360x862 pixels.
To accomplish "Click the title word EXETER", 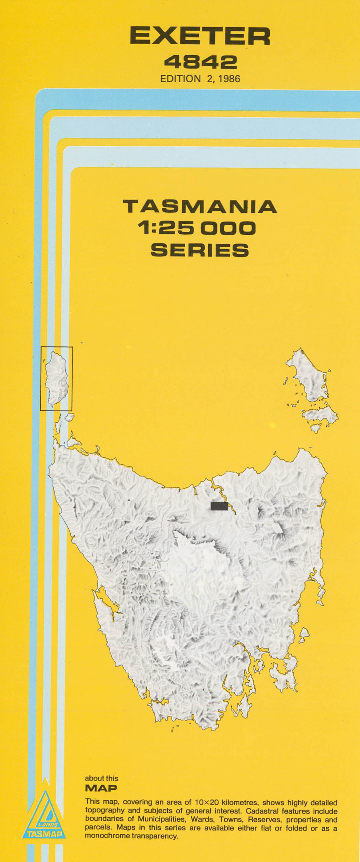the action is (x=200, y=37).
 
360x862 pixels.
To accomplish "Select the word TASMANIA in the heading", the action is (x=200, y=207).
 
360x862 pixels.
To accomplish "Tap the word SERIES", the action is (x=200, y=250).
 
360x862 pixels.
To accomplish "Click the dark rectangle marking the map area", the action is (x=219, y=506).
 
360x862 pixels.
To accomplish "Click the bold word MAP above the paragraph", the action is (x=101, y=788).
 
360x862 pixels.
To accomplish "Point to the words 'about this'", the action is (x=102, y=779).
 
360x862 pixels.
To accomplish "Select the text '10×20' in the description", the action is (x=205, y=802).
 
